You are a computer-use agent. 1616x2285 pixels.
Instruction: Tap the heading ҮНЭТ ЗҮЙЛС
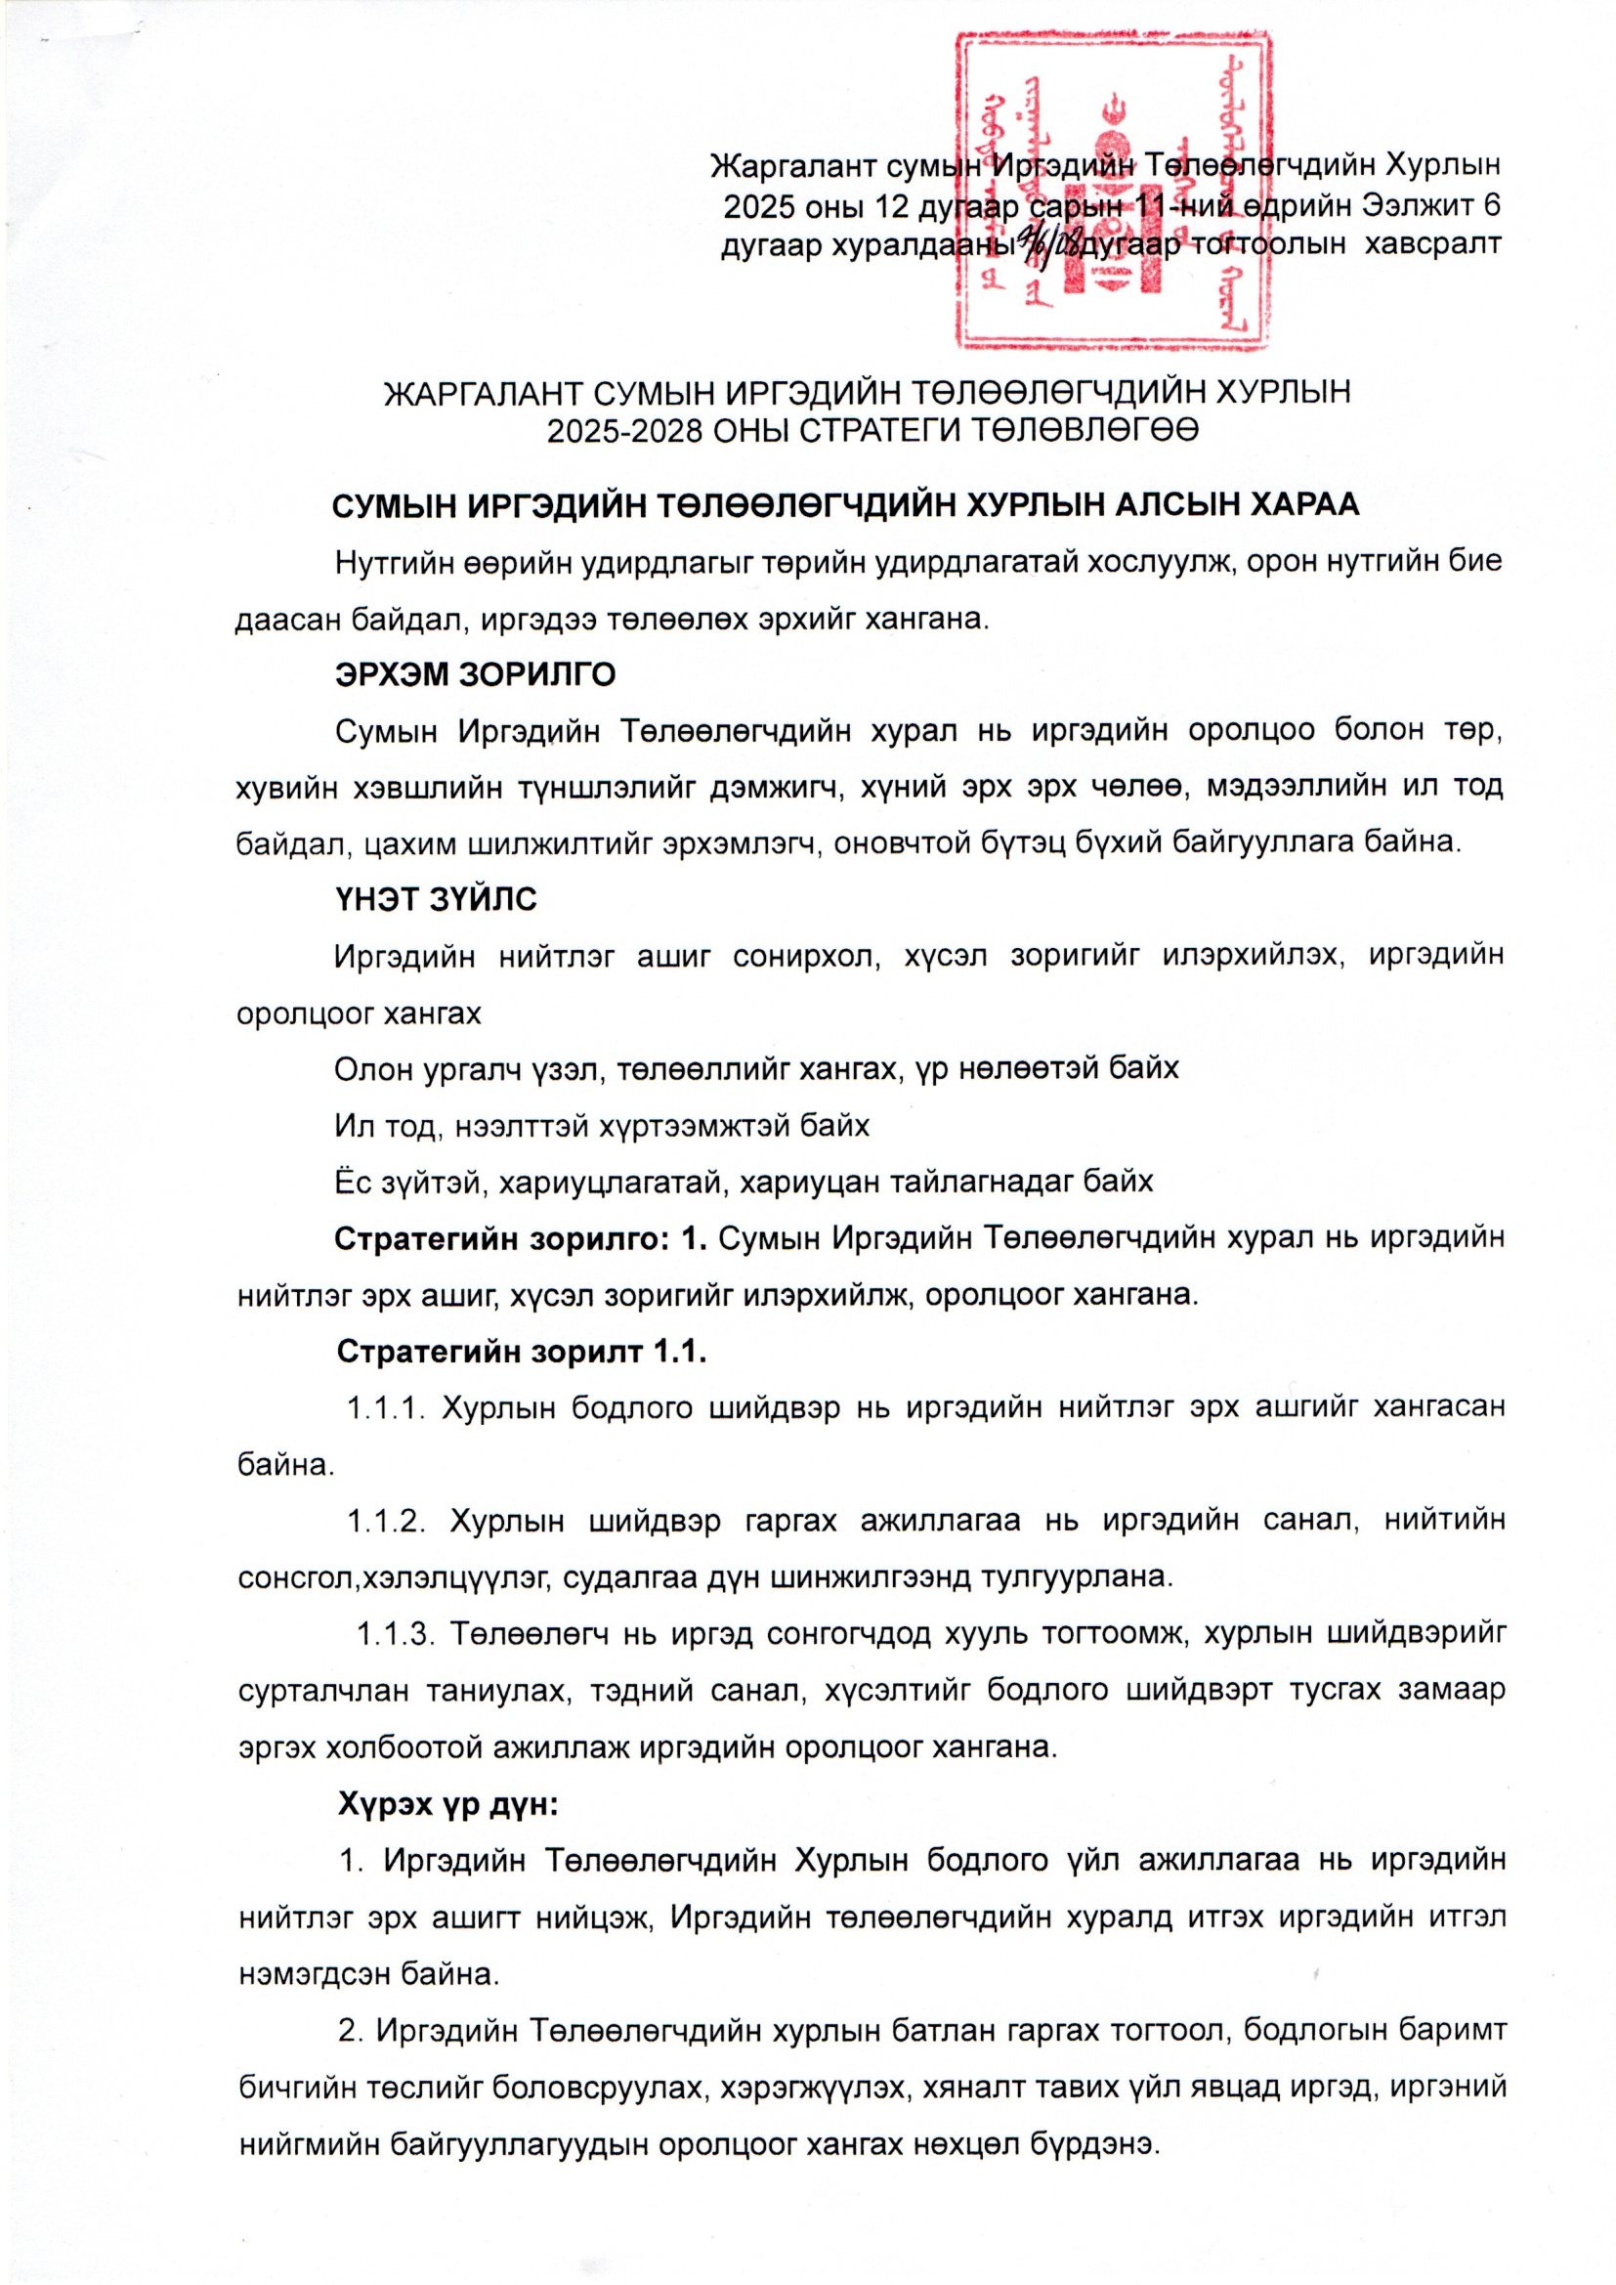(437, 900)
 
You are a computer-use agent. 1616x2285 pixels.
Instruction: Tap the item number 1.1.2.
(387, 1522)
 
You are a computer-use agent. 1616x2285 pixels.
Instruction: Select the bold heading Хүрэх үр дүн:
(447, 1804)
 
